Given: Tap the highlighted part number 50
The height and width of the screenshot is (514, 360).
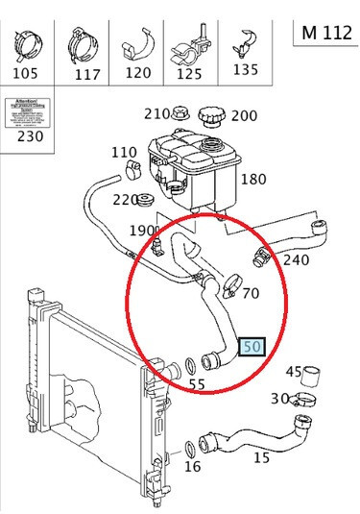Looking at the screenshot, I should tap(252, 347).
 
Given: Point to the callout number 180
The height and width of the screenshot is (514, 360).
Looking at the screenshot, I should tap(253, 180).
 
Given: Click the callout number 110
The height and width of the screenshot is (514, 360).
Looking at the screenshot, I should tap(124, 153).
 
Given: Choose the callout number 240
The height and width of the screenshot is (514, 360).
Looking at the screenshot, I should tap(296, 259).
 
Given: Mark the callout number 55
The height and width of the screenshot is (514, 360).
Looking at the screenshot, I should tap(197, 384).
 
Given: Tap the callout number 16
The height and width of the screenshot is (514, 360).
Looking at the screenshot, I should tap(192, 467).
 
